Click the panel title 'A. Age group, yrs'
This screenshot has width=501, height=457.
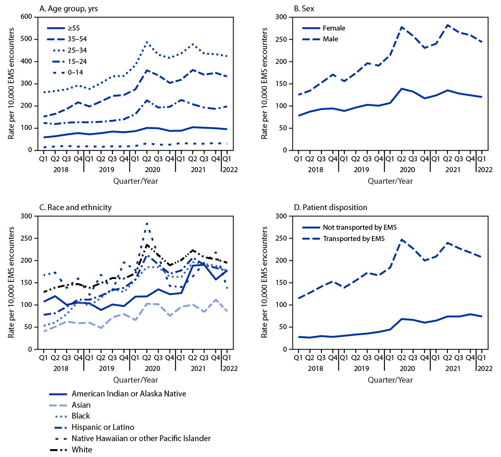pos(69,8)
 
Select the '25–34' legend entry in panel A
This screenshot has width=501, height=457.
pos(77,50)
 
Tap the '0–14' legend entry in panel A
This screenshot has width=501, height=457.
pos(75,72)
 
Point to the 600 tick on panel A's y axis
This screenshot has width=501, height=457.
pos(26,17)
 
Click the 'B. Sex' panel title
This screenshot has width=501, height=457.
pos(304,8)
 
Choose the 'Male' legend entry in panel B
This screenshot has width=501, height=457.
pos(331,39)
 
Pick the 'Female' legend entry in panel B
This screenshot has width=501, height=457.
pos(334,28)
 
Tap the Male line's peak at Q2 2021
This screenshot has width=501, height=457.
pos(448,25)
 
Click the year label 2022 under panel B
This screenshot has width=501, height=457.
pos(485,170)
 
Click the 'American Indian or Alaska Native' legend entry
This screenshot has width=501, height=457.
pos(129,394)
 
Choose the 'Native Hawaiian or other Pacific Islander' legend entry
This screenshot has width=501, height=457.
pos(141,438)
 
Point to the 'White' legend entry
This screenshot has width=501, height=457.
pos(82,449)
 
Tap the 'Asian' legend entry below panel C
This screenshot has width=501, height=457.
pos(81,405)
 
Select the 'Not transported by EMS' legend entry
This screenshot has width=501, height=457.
pos(359,227)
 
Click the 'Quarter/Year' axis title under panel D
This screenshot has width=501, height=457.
pos(390,380)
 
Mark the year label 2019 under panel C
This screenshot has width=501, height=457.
pos(107,368)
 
